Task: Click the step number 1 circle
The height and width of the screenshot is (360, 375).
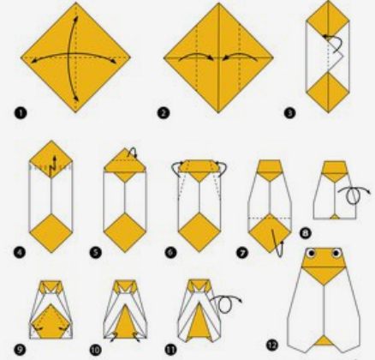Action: point(21,113)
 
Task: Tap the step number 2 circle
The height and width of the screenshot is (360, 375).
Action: point(164,113)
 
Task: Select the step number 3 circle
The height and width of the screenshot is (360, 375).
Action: point(289,113)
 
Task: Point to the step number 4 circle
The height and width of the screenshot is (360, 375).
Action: point(20,253)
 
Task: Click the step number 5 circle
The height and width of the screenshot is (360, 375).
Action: point(95,253)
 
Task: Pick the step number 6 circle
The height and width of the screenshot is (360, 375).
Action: point(170,253)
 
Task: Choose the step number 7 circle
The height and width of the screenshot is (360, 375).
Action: point(242,253)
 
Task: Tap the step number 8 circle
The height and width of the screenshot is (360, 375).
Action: point(306,233)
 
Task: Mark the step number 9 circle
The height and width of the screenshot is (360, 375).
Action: point(20,350)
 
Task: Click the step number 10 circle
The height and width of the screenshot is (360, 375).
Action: point(95,350)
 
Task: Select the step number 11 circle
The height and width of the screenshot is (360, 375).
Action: point(170,350)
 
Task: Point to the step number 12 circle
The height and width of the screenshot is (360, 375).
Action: point(272,345)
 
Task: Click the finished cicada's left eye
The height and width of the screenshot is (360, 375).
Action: point(311,253)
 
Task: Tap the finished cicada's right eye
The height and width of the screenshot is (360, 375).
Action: point(336,253)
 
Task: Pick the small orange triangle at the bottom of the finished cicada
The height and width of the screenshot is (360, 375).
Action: point(324,340)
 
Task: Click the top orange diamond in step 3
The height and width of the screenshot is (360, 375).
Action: point(328,19)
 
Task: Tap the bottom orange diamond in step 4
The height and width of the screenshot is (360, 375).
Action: point(51,233)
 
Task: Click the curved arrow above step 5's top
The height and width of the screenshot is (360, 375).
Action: point(133,152)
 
